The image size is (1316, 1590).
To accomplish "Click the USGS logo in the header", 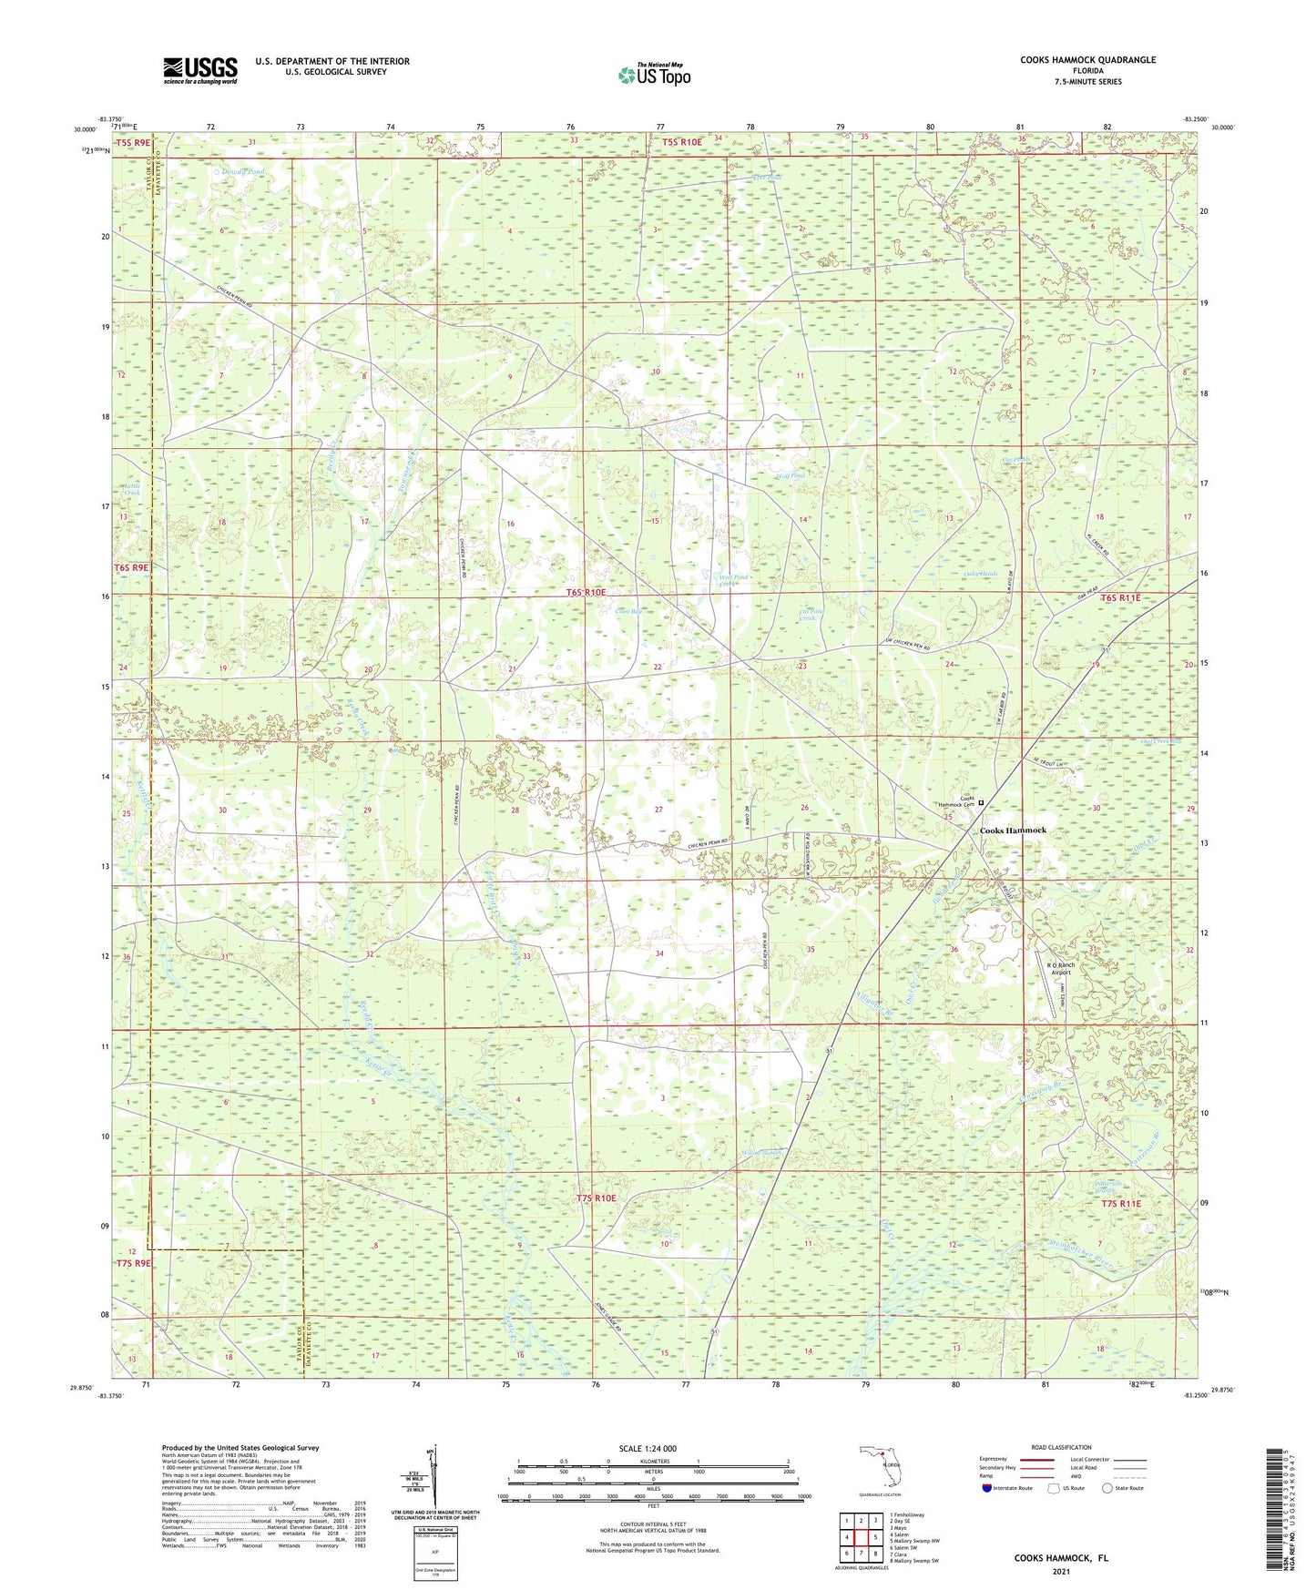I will [x=200, y=69].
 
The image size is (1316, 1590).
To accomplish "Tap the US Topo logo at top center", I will [x=654, y=75].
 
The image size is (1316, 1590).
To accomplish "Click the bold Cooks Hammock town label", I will [x=1013, y=831].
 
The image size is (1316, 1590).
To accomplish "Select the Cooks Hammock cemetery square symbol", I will [x=981, y=802].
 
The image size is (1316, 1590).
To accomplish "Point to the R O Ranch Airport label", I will [x=1060, y=968].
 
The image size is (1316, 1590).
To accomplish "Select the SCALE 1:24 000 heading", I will [x=648, y=1448].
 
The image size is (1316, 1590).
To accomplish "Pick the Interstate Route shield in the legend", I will [x=987, y=1488].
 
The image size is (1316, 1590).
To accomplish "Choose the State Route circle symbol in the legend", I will [x=1108, y=1488].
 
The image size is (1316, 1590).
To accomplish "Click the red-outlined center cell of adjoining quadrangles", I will [x=861, y=1537].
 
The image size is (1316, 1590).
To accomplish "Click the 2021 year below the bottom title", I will [x=1061, y=1571].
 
